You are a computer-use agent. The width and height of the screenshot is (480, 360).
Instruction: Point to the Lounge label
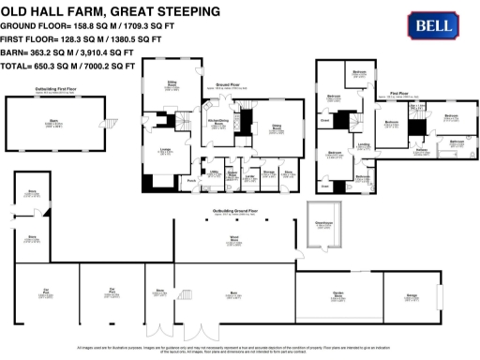[x=164, y=151]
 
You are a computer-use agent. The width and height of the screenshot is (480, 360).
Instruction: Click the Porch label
[x=190, y=181]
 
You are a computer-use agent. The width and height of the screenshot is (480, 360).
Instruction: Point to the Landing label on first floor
[x=363, y=144]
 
